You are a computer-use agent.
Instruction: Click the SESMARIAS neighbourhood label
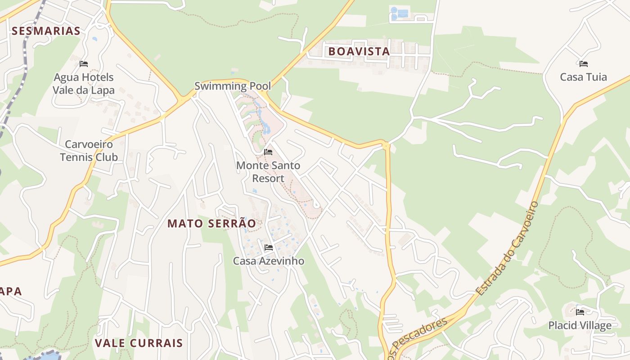pos(46,31)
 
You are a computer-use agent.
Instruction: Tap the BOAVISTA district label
pos(359,51)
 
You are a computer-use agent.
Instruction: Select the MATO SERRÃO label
pos(211,223)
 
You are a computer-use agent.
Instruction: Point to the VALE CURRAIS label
pos(139,343)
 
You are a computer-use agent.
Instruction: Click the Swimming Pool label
pos(233,86)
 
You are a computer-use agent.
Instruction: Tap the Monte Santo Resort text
pos(268,172)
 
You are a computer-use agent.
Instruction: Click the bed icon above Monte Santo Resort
pos(268,152)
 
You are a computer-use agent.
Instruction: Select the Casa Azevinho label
pos(268,261)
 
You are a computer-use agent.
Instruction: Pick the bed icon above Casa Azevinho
pos(269,247)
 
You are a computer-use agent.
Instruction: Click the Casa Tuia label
pos(583,77)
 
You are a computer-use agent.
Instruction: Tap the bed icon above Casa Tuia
pos(584,63)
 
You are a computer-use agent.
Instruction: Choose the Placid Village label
pos(580,325)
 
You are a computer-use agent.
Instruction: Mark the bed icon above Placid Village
pos(580,311)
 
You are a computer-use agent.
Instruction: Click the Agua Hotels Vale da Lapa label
pos(83,84)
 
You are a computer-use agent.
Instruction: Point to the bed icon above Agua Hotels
pos(83,63)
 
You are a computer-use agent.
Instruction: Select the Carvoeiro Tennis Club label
pos(89,151)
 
